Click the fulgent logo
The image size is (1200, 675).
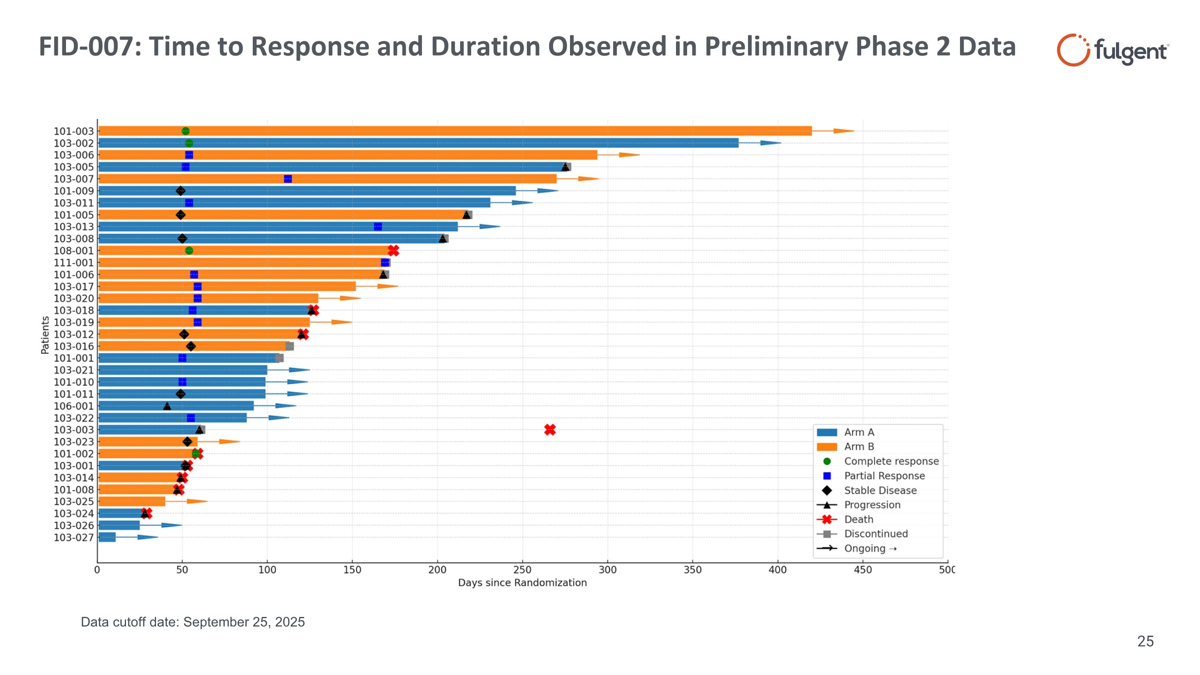pyautogui.click(x=1112, y=50)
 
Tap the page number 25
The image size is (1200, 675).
pyautogui.click(x=1145, y=641)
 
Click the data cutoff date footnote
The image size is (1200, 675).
pyautogui.click(x=193, y=622)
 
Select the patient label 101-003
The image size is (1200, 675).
pyautogui.click(x=74, y=131)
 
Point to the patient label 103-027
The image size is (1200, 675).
pyautogui.click(x=74, y=538)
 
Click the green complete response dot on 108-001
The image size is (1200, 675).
pyautogui.click(x=189, y=250)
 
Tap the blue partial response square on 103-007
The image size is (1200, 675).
pyautogui.click(x=288, y=179)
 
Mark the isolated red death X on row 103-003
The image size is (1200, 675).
pyautogui.click(x=550, y=430)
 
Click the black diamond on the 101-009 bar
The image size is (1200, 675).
pyautogui.click(x=181, y=191)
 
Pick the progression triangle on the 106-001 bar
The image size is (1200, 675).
pyautogui.click(x=167, y=406)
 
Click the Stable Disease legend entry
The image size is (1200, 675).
pyautogui.click(x=880, y=491)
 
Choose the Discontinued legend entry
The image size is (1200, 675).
pyautogui.click(x=876, y=534)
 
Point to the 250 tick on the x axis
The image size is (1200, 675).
pyautogui.click(x=522, y=570)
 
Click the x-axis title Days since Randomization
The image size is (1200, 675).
pyautogui.click(x=522, y=583)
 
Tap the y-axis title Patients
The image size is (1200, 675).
pyautogui.click(x=45, y=335)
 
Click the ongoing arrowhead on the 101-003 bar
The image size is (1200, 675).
pyautogui.click(x=844, y=131)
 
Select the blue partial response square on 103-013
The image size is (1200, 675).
pyautogui.click(x=378, y=227)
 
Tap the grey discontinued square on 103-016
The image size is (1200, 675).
pyautogui.click(x=290, y=346)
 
